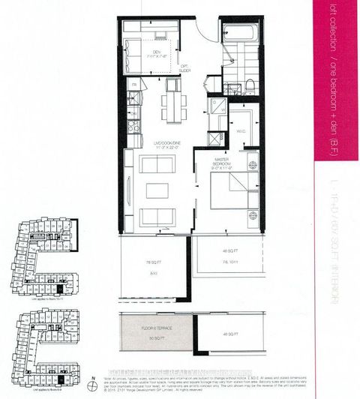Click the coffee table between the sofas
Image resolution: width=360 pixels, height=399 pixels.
(x=157, y=190)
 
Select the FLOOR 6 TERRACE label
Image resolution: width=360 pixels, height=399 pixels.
(x=154, y=331)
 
